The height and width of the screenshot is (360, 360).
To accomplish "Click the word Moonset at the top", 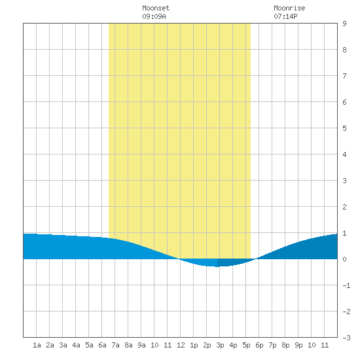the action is tap(156, 8).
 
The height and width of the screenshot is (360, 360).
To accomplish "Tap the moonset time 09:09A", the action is tap(154, 16).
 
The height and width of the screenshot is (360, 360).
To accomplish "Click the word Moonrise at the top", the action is tap(289, 8).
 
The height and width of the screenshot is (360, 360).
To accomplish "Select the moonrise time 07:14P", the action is tap(285, 16).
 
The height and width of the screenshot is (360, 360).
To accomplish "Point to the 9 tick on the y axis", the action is tap(344, 24).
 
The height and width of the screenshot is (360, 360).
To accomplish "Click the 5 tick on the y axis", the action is tap(344, 128).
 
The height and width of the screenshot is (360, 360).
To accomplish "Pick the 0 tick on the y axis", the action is tap(344, 259).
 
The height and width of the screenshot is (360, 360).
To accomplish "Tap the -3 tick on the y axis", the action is tap(346, 338).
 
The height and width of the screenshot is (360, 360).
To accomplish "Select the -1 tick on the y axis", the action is tap(346, 285).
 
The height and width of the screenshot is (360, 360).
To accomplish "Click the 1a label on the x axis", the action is tap(37, 345).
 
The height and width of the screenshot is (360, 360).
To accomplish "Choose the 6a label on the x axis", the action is tap(102, 345).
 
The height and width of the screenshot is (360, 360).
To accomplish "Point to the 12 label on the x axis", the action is tap(181, 345).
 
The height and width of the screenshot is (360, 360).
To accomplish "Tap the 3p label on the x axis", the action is tap(220, 346).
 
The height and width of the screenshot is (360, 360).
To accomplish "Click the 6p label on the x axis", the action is tap(259, 346).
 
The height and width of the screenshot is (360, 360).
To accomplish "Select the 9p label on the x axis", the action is tap(298, 346).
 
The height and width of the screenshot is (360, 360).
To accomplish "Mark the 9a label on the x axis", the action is tap(141, 345).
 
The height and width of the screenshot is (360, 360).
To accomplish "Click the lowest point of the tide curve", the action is tap(217, 266).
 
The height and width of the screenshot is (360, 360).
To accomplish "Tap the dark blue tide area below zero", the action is tap(230, 262).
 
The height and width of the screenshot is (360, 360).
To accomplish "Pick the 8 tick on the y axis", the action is tap(344, 50).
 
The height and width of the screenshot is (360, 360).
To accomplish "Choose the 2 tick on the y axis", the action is tap(344, 207).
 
